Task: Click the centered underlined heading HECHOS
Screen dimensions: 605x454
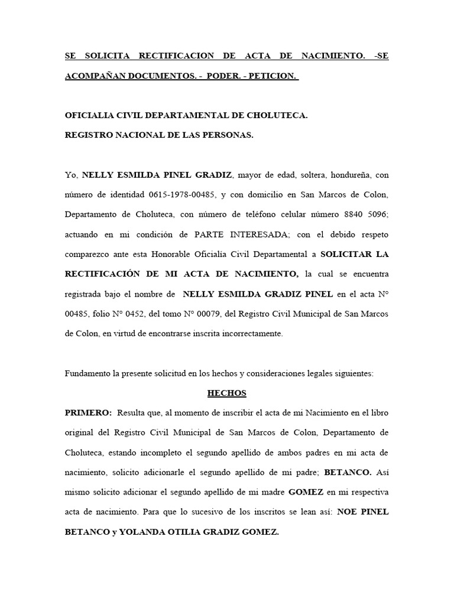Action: (226, 393)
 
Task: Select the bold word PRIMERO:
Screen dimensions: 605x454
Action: (88, 412)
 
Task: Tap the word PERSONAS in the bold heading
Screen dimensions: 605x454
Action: (225, 135)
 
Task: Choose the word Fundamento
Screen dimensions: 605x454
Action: (89, 373)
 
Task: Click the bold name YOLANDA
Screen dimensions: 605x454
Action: (142, 532)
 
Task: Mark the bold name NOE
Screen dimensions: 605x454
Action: (349, 512)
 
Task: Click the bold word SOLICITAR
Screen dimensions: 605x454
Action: (346, 255)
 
